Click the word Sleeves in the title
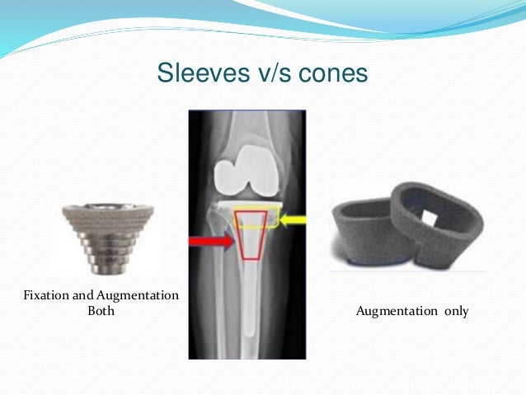click(192, 73)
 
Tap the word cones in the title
click(330, 73)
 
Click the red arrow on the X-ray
click(211, 242)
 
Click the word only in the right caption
click(455, 312)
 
